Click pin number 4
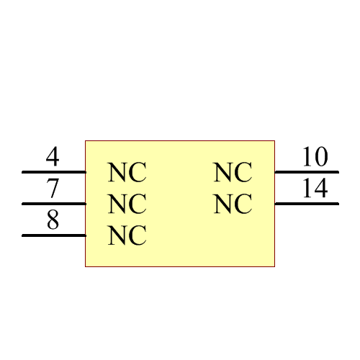(x=53, y=157)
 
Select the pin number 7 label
(x=53, y=189)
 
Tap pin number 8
(x=53, y=220)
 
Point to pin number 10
(x=315, y=157)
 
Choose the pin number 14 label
(x=315, y=189)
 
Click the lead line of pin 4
(x=54, y=172)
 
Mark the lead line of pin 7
(x=54, y=204)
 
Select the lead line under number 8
(x=54, y=235)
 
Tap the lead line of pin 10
(x=307, y=172)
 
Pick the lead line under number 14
(x=307, y=204)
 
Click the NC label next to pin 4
(x=127, y=173)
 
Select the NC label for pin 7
(x=127, y=204)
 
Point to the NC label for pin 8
(x=127, y=236)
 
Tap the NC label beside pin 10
(x=233, y=173)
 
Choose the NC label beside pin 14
(x=233, y=204)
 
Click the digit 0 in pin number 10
(x=321, y=157)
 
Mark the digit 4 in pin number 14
(x=321, y=189)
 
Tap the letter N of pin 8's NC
(x=117, y=236)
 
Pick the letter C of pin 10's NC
(x=243, y=173)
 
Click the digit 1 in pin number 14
(x=307, y=189)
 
